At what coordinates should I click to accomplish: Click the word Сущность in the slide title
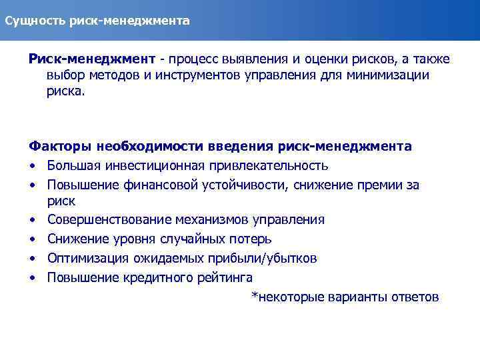pyautogui.click(x=33, y=21)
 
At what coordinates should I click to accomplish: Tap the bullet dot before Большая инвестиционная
pyautogui.click(x=32, y=165)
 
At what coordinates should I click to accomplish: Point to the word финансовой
pyautogui.click(x=159, y=185)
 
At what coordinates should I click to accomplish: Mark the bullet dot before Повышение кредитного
pyautogui.click(x=32, y=277)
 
